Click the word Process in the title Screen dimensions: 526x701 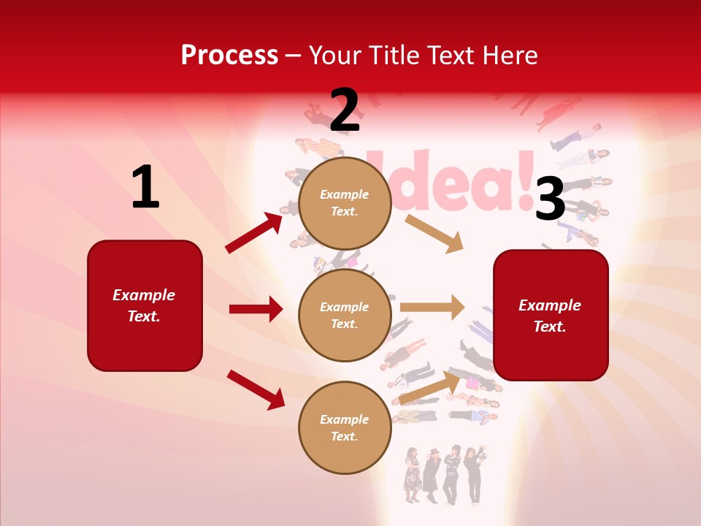coord(229,56)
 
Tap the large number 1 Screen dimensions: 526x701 coord(145,188)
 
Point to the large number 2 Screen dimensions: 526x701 coord(345,110)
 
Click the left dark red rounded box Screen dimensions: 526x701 coord(145,305)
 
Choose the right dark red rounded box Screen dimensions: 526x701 coord(551,315)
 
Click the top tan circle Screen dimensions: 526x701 coord(345,202)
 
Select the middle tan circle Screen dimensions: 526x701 coord(345,315)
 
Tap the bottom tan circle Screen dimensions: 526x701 coord(345,427)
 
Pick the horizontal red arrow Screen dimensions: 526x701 coord(256,309)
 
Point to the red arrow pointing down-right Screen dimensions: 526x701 coord(256,389)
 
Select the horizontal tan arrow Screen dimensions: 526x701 coord(432,307)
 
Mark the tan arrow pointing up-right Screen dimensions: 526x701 coord(430,388)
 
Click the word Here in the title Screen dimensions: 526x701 coord(509,56)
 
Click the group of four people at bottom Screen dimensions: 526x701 coord(443,474)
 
